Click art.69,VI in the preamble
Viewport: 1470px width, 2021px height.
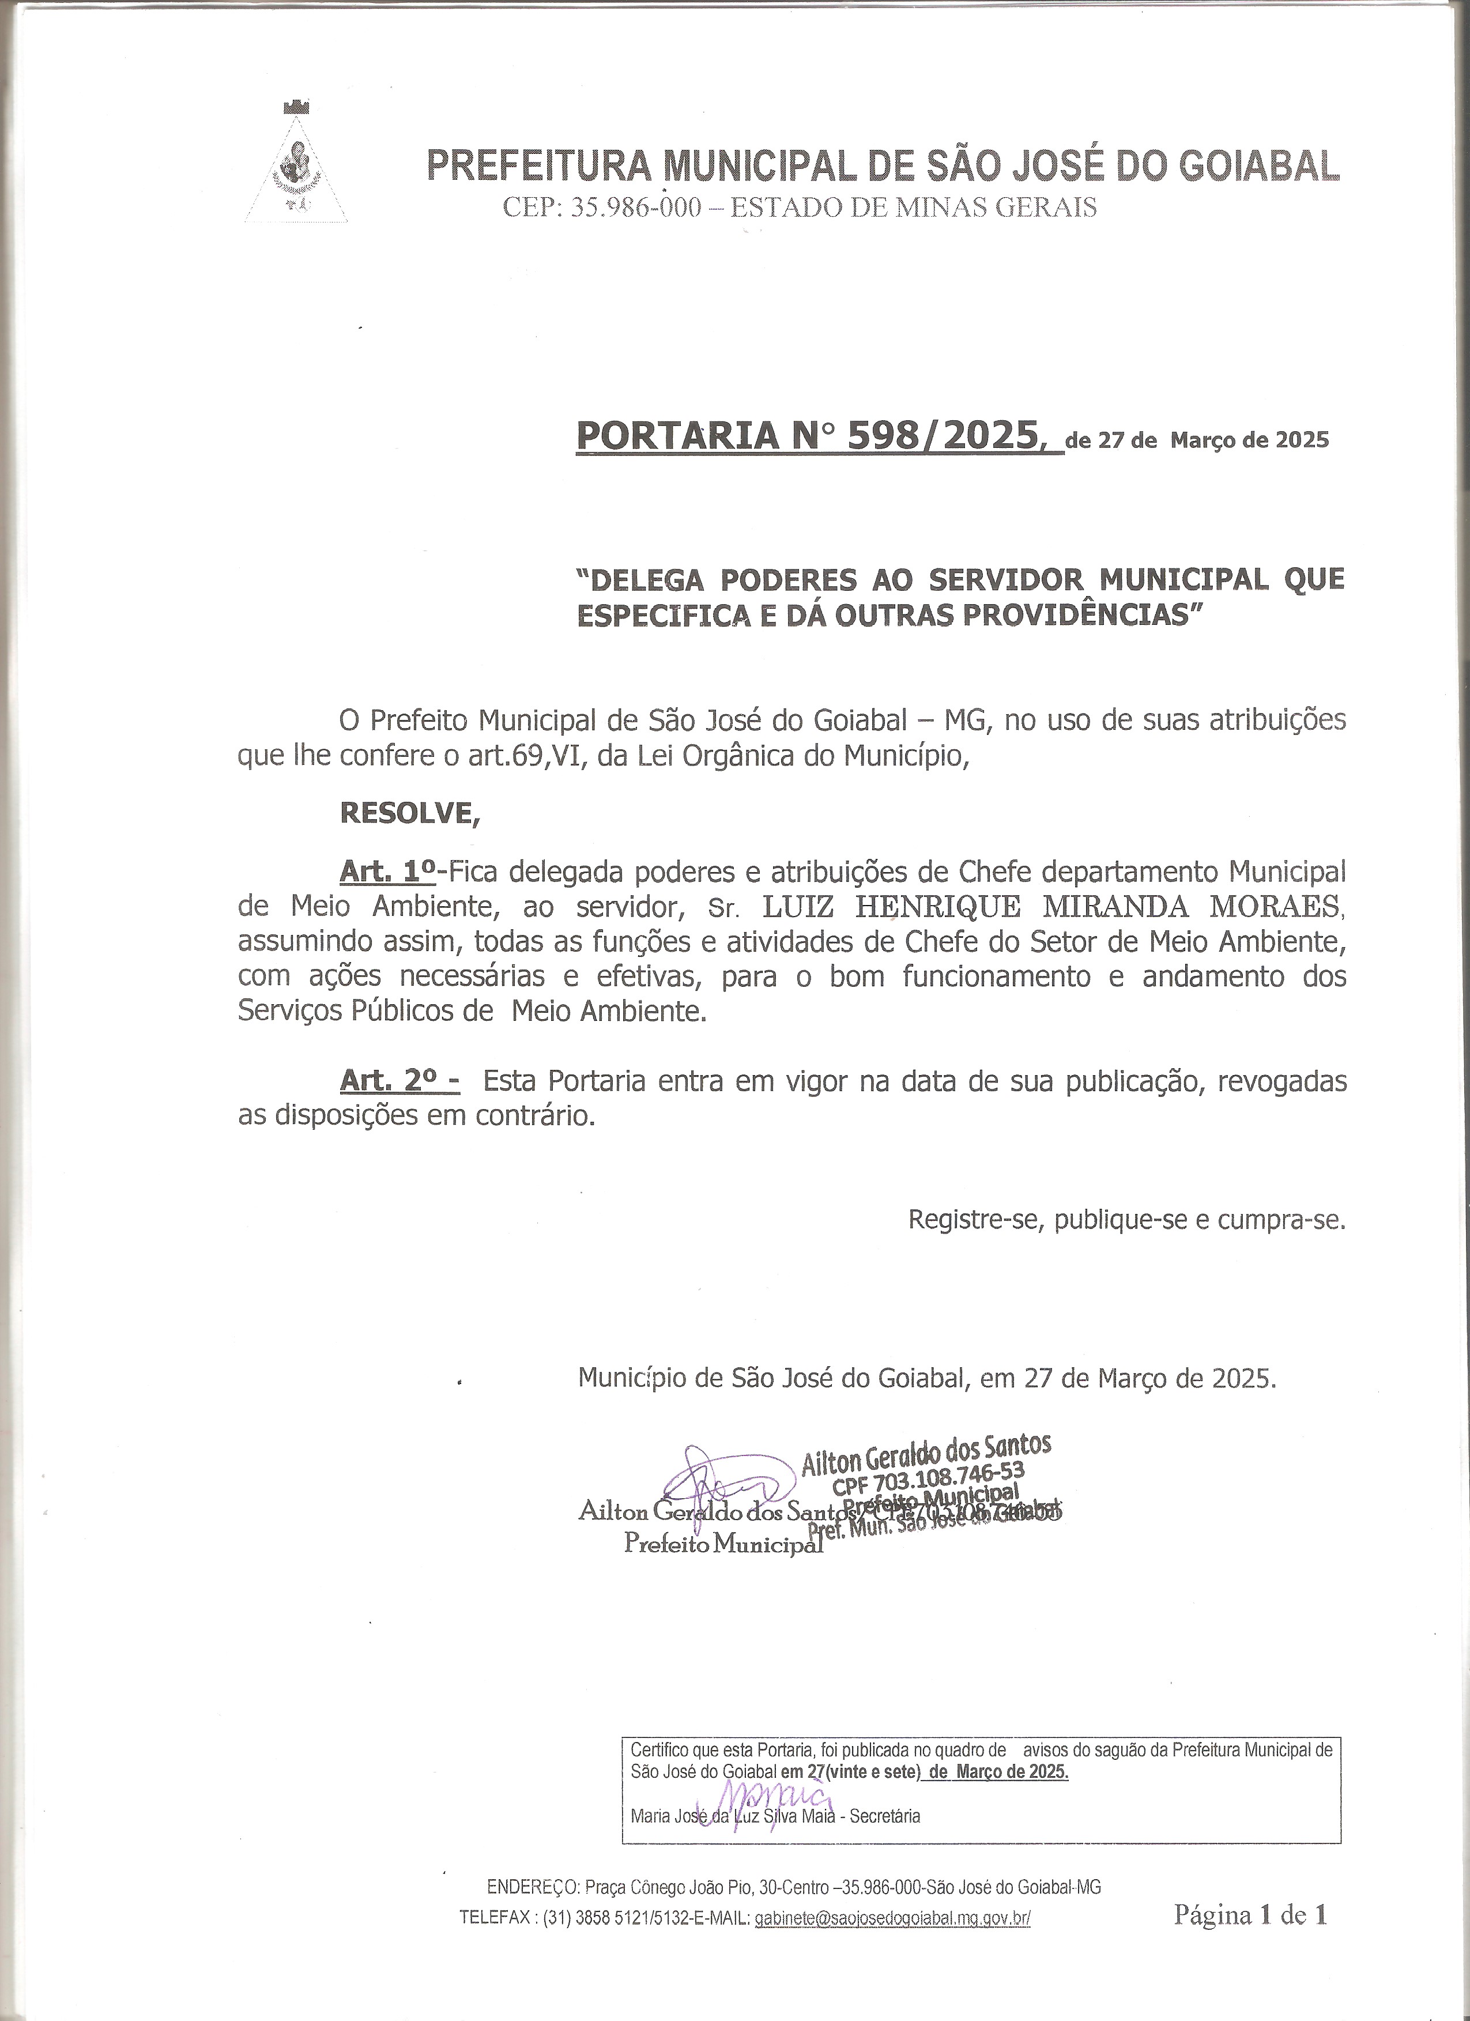point(526,756)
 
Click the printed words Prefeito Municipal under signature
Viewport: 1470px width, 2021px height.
point(722,1543)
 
